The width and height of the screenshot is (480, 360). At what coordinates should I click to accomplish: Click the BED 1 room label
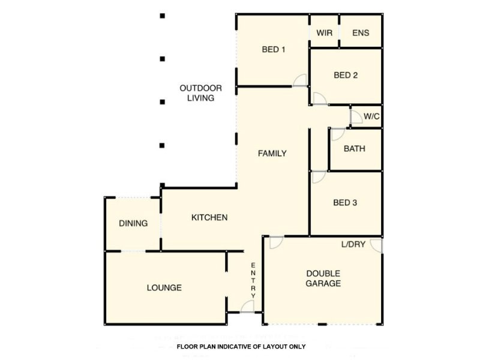click(x=273, y=50)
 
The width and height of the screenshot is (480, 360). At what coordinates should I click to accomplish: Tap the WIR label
click(x=324, y=33)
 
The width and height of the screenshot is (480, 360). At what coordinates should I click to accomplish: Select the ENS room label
click(x=361, y=33)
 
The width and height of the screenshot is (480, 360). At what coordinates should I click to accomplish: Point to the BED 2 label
click(x=346, y=76)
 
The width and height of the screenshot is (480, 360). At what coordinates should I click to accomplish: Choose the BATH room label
click(x=354, y=149)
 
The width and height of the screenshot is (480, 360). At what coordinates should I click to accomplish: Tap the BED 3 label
click(x=345, y=203)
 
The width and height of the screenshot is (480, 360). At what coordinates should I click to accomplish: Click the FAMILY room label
click(x=272, y=153)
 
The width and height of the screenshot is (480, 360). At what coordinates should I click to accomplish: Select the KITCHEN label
click(x=209, y=217)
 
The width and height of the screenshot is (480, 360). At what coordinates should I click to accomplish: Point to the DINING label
click(x=133, y=223)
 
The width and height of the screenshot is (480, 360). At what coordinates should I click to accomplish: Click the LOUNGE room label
click(x=164, y=288)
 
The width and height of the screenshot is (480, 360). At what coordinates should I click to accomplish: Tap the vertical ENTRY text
click(x=253, y=280)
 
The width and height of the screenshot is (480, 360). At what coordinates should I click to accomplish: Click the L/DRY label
click(x=353, y=244)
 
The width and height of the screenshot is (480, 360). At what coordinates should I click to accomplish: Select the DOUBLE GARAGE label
click(x=323, y=278)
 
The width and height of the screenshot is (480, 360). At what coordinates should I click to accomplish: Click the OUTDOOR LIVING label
click(x=200, y=93)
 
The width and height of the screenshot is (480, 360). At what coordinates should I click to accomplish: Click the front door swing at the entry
click(x=247, y=307)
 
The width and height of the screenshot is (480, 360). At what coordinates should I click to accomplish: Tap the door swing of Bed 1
click(x=300, y=81)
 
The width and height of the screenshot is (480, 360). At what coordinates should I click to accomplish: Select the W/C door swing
click(x=356, y=116)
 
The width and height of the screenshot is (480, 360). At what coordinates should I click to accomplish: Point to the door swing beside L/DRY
click(x=376, y=245)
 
